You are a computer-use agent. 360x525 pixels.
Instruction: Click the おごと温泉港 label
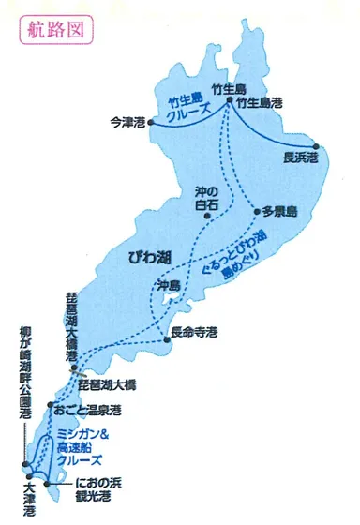click(x=89, y=410)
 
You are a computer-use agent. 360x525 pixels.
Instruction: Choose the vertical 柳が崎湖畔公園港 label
click(x=20, y=375)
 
